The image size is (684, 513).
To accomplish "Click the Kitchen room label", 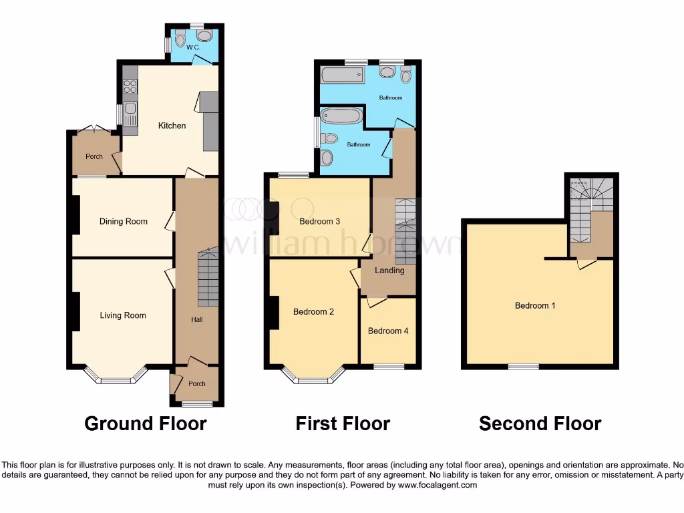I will [172, 126].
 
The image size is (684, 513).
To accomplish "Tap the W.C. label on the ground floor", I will [192, 47].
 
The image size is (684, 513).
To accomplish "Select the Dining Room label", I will [123, 221].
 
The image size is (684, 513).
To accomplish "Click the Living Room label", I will [123, 315].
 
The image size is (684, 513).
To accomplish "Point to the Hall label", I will [197, 320].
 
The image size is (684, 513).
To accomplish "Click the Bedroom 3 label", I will [320, 221].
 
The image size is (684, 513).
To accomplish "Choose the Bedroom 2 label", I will [313, 311].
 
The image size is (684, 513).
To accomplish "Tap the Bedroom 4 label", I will [388, 331].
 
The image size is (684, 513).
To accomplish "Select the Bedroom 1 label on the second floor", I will [535, 306].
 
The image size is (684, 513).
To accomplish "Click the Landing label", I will [389, 271].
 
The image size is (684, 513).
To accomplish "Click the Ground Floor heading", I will [146, 423].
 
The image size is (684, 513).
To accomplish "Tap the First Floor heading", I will [343, 423].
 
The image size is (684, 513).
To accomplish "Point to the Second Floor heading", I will [540, 423].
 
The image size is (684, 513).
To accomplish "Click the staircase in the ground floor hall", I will [208, 277].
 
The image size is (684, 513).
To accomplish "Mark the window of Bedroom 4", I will [388, 366].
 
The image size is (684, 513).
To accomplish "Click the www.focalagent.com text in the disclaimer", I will [438, 486].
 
